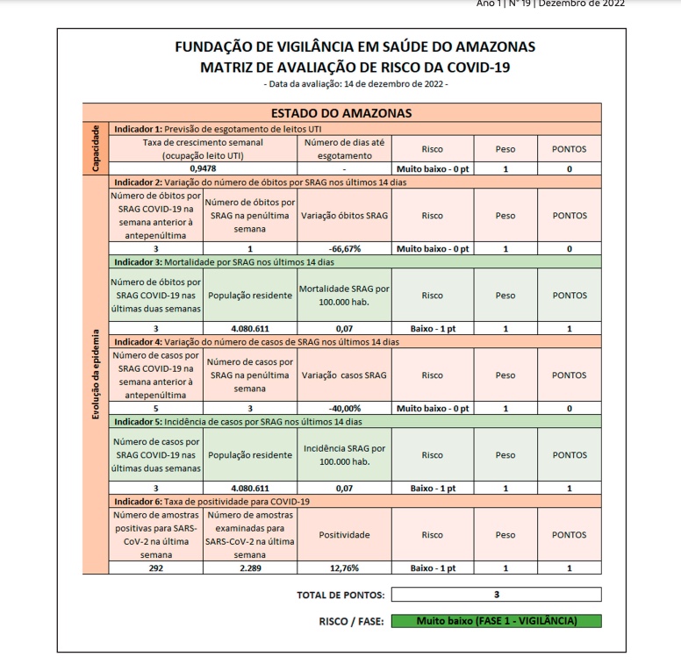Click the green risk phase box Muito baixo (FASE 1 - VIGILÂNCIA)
497,621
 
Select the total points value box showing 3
497,595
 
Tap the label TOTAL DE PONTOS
340,596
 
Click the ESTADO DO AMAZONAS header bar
341,112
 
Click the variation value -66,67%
344,248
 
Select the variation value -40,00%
344,408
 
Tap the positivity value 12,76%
344,568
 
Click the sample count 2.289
249,568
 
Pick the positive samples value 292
155,568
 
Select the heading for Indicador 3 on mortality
224,261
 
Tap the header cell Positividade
344,534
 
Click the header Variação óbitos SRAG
344,215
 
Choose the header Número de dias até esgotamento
344,148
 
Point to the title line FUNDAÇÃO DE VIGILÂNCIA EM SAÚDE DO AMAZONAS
355,46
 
